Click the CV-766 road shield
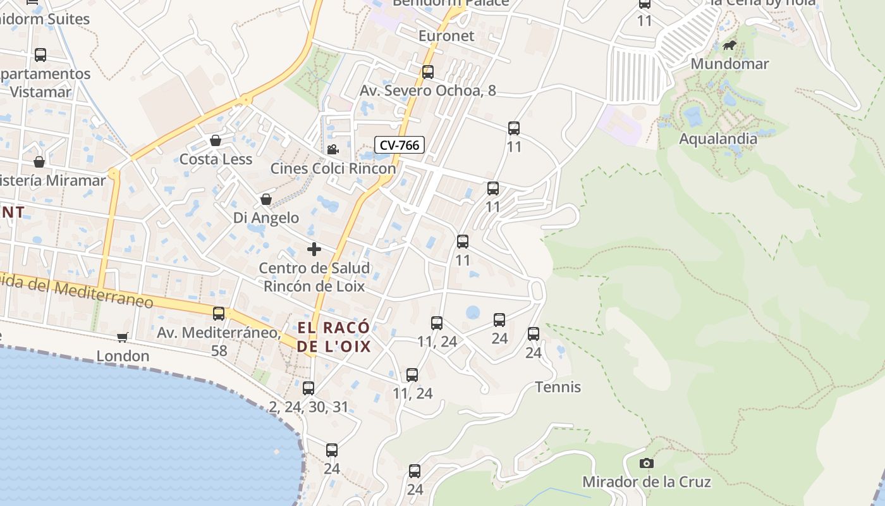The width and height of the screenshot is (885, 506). [400, 145]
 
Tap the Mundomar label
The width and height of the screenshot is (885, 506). [729, 64]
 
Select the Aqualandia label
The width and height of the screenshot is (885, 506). [717, 139]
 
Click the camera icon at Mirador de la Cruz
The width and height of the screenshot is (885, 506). [646, 464]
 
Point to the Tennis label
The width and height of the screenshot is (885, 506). [558, 387]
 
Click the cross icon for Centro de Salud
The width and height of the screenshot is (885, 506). [314, 249]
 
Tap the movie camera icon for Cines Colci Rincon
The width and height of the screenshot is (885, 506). [333, 150]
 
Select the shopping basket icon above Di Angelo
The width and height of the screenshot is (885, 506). [266, 199]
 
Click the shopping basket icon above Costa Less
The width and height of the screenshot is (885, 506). [216, 140]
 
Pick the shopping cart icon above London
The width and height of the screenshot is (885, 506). [122, 338]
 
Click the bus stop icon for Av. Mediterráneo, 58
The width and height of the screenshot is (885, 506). [219, 313]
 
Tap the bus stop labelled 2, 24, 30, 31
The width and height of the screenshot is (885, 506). [308, 388]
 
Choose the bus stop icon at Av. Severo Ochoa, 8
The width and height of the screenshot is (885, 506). [428, 72]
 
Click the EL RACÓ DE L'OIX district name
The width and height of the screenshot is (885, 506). [334, 337]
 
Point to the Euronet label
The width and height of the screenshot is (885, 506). [446, 36]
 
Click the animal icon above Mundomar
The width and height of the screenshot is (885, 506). [729, 46]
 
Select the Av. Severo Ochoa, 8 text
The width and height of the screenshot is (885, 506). [428, 91]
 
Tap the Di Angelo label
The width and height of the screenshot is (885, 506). [266, 218]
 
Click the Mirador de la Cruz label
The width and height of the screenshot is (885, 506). [646, 482]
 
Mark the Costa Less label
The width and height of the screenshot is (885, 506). [216, 159]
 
